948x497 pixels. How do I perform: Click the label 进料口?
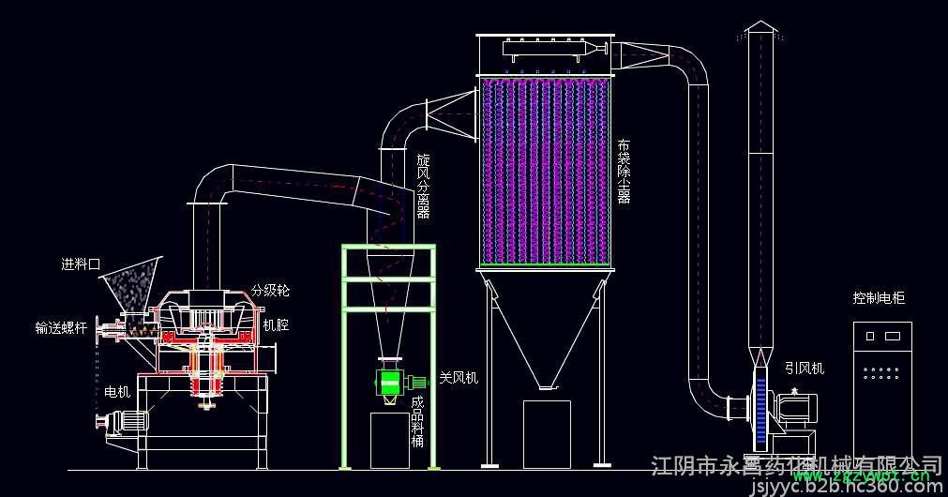[x=80, y=265]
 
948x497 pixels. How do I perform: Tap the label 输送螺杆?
[x=61, y=328]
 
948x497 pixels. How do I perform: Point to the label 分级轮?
[x=270, y=292]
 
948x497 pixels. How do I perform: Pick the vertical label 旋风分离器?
[x=423, y=187]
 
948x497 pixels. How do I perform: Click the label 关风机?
[x=459, y=379]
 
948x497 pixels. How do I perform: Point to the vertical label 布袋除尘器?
[x=624, y=172]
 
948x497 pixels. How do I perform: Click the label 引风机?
[x=804, y=369]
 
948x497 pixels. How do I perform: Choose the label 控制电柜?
[x=879, y=298]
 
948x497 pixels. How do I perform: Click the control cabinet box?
[x=882, y=389]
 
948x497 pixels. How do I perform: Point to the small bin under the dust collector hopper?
[x=547, y=432]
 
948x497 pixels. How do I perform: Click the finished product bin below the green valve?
[x=395, y=439]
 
